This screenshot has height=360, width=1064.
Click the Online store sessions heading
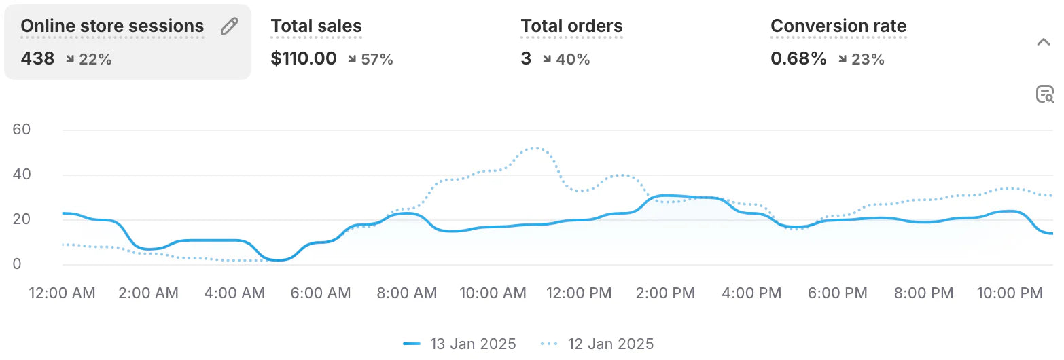pyautogui.click(x=112, y=26)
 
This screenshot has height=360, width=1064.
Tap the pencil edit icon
pyautogui.click(x=230, y=26)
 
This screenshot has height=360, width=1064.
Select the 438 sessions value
pyautogui.click(x=37, y=59)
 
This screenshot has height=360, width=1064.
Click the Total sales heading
pyautogui.click(x=316, y=26)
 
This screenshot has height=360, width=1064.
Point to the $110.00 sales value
pyautogui.click(x=303, y=59)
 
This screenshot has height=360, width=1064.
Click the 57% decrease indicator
pyautogui.click(x=371, y=60)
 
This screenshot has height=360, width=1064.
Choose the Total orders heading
pyautogui.click(x=571, y=26)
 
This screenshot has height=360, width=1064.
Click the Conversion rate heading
pyautogui.click(x=838, y=26)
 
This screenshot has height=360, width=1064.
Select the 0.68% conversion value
pyautogui.click(x=798, y=59)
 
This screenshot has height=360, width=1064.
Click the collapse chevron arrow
pyautogui.click(x=1044, y=43)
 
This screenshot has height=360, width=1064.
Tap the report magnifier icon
pyautogui.click(x=1044, y=94)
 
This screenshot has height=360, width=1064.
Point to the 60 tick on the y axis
pyautogui.click(x=22, y=130)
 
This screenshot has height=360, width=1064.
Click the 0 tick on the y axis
pyautogui.click(x=18, y=264)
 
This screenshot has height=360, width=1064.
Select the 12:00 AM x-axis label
pyautogui.click(x=62, y=293)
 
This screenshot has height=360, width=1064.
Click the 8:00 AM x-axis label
pyautogui.click(x=406, y=293)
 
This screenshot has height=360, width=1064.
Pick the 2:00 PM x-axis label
pyautogui.click(x=664, y=293)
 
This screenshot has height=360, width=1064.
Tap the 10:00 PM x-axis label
pyautogui.click(x=1010, y=293)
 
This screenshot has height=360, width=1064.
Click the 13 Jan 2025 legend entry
pyautogui.click(x=460, y=344)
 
